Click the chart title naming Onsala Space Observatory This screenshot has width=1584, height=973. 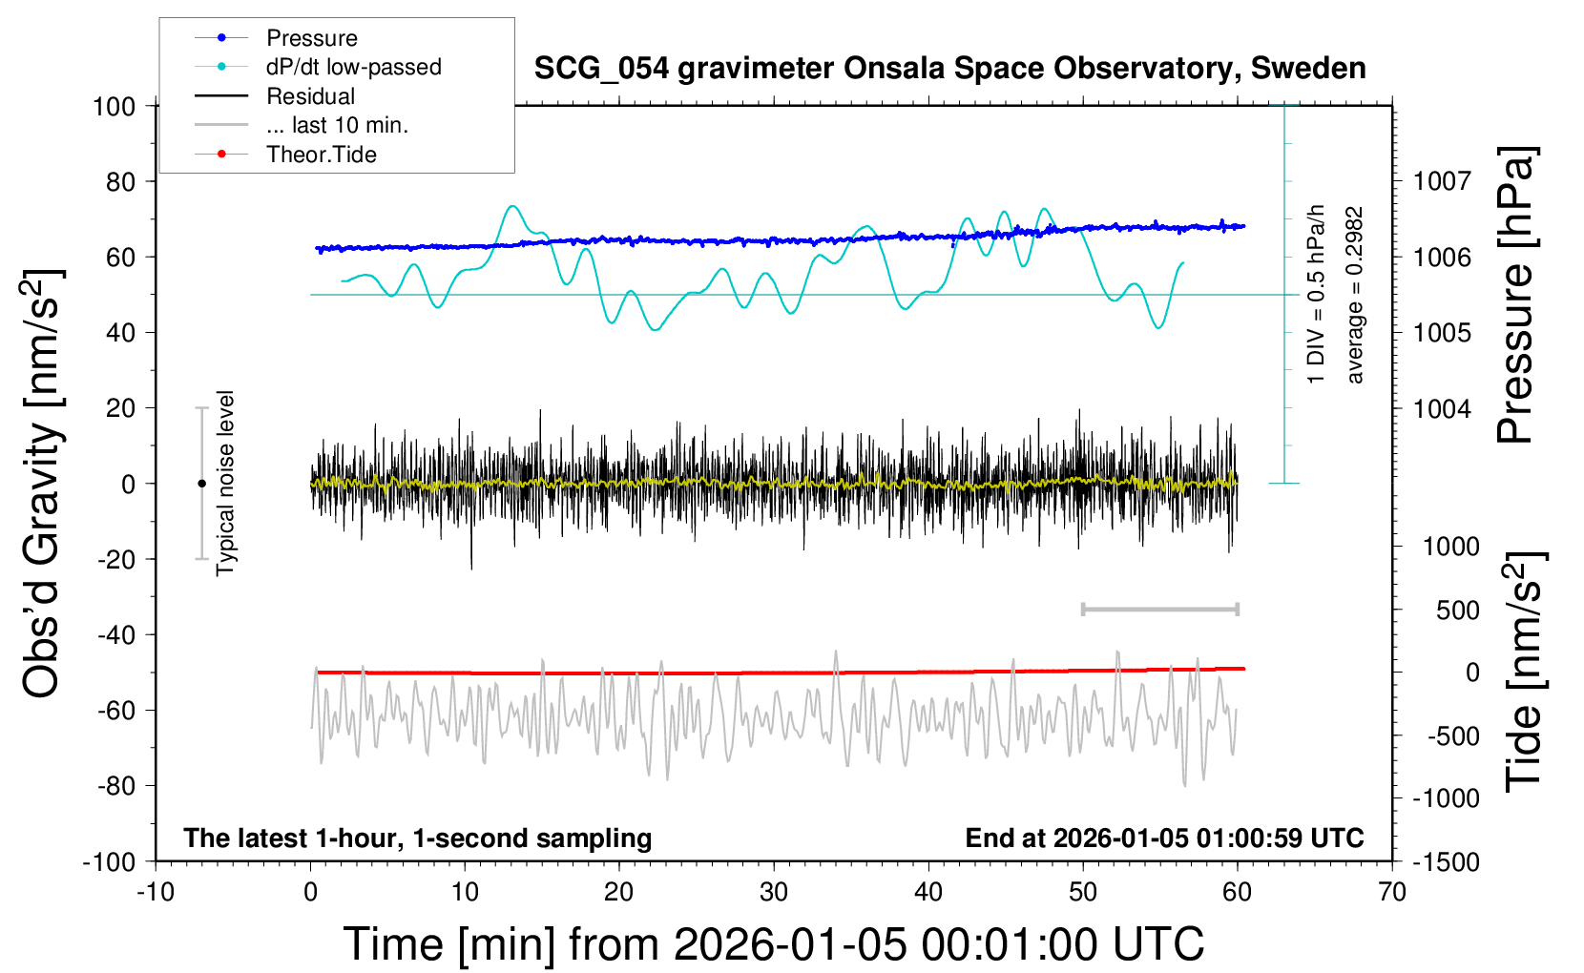pyautogui.click(x=949, y=69)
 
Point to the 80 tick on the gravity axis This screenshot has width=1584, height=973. pyautogui.click(x=120, y=181)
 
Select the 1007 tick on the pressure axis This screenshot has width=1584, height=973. pyautogui.click(x=1442, y=181)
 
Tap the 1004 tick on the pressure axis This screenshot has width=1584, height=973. pyautogui.click(x=1442, y=408)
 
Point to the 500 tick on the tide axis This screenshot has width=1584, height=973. pyautogui.click(x=1457, y=611)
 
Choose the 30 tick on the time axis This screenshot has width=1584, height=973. pyautogui.click(x=773, y=893)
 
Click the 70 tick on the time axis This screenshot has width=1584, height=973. pyautogui.click(x=1391, y=893)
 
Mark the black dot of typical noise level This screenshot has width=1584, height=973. pyautogui.click(x=201, y=484)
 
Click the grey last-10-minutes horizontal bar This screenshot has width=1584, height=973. pyautogui.click(x=1159, y=610)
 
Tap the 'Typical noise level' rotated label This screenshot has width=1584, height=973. pyautogui.click(x=225, y=483)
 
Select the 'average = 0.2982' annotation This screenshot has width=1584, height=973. pyautogui.click(x=1355, y=296)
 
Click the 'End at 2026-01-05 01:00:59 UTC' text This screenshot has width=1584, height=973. pyautogui.click(x=1164, y=838)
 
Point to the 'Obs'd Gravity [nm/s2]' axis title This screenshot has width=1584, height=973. pyautogui.click(x=44, y=483)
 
